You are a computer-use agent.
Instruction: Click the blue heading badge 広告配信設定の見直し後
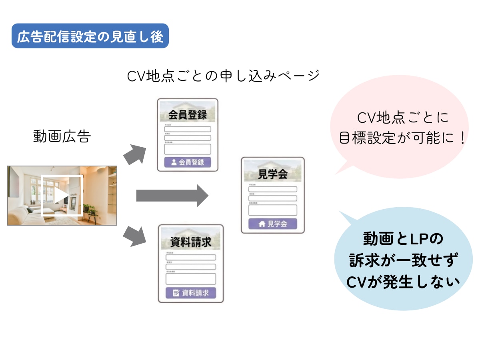pos(90,36)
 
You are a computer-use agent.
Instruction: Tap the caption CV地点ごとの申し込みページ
pos(223,76)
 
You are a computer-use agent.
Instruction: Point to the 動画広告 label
pos(62,137)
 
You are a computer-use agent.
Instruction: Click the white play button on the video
pos(62,196)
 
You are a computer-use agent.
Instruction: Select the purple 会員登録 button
pos(188,162)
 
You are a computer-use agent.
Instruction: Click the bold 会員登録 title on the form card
pos(188,115)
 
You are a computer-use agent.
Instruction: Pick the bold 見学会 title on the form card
pos(273,174)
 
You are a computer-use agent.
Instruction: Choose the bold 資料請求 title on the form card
pos(191,242)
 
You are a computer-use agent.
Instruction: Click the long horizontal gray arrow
pos(172,196)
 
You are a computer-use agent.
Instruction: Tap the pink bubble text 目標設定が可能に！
pos(402,138)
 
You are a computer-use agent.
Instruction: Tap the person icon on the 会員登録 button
pos(174,162)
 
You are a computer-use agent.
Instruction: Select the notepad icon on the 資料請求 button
pos(176,293)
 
